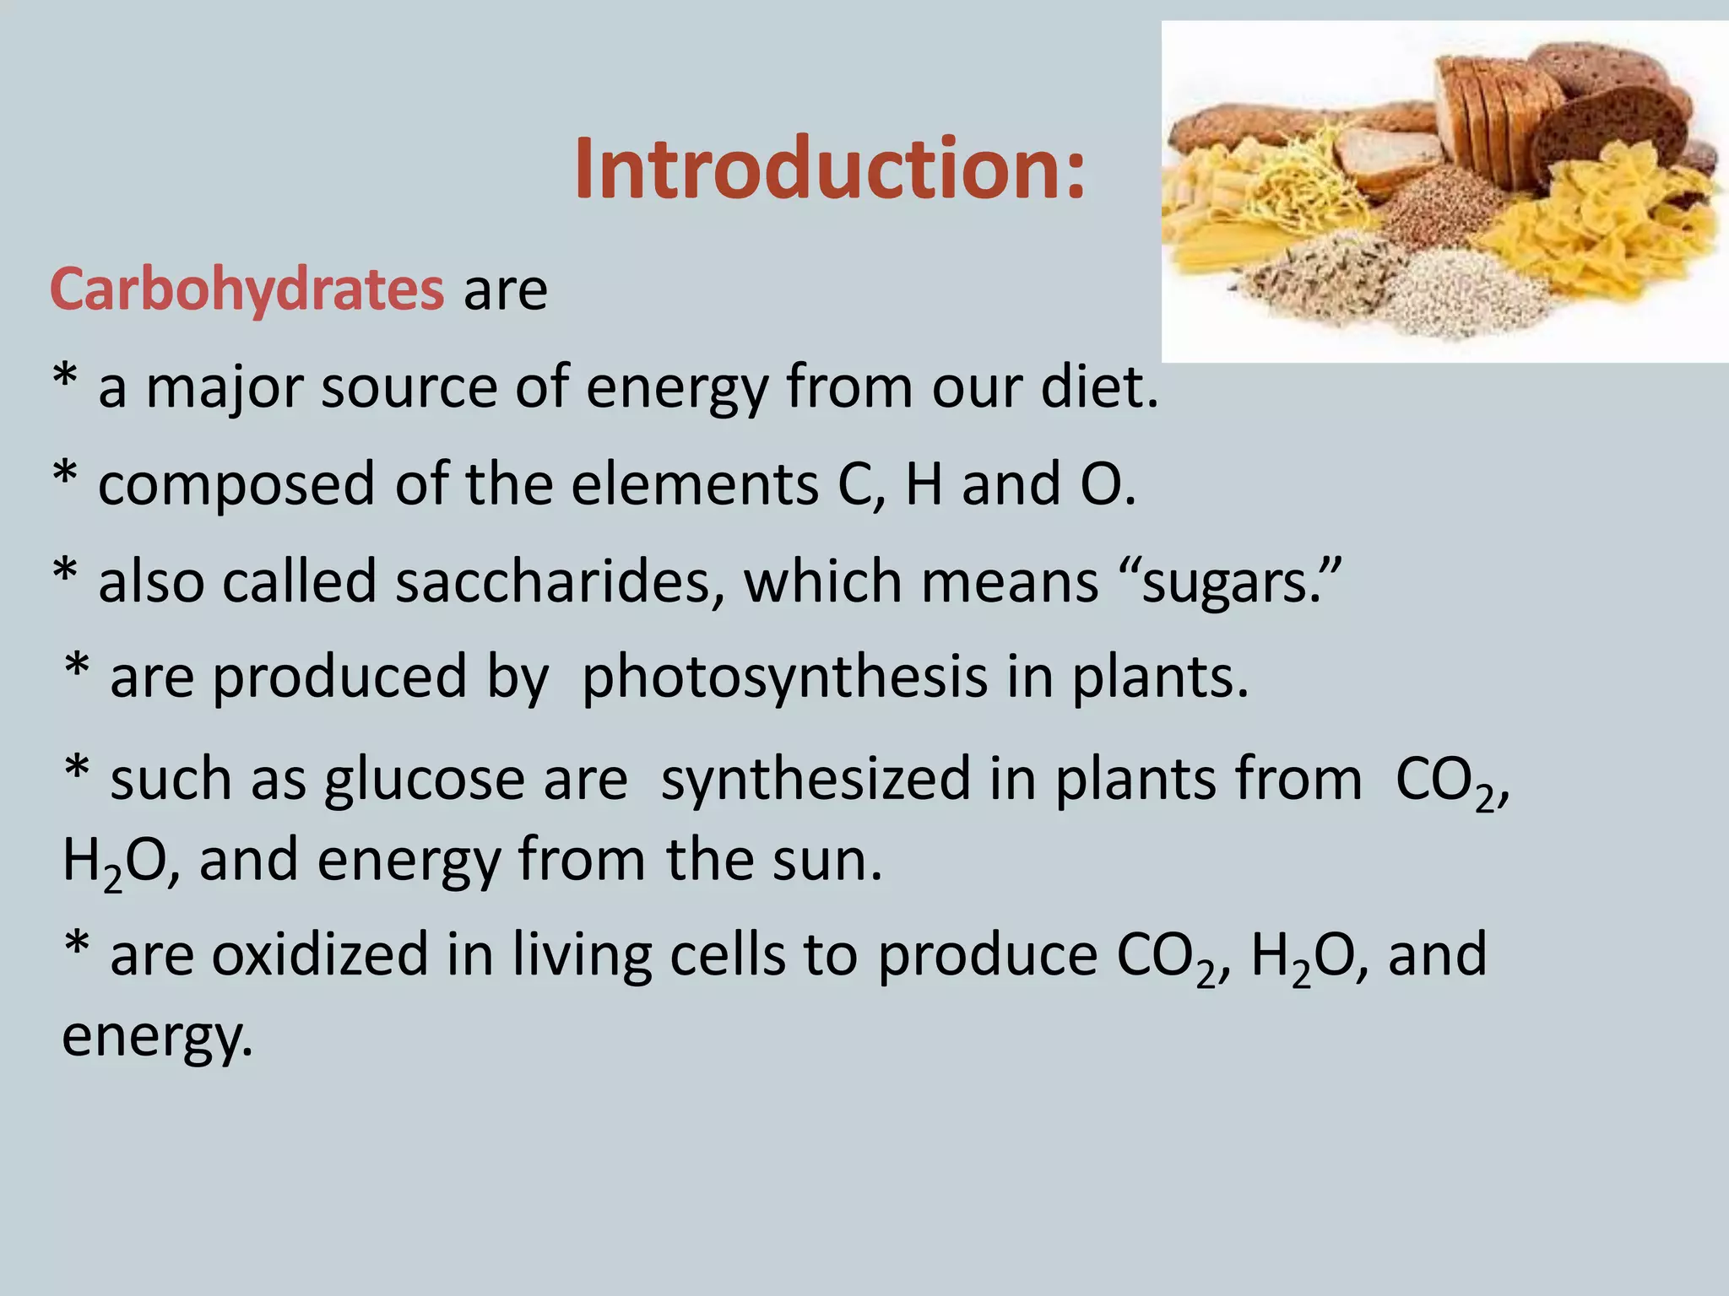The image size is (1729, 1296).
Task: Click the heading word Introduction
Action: click(x=829, y=169)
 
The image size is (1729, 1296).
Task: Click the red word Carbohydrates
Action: click(x=247, y=289)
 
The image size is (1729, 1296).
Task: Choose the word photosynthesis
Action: click(x=784, y=678)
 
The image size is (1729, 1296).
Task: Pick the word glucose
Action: click(x=424, y=780)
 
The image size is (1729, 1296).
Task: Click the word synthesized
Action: click(x=816, y=778)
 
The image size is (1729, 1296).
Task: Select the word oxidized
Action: click(x=319, y=955)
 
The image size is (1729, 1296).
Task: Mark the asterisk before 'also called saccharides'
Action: click(x=65, y=574)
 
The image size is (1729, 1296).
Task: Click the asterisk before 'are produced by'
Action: click(x=77, y=668)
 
